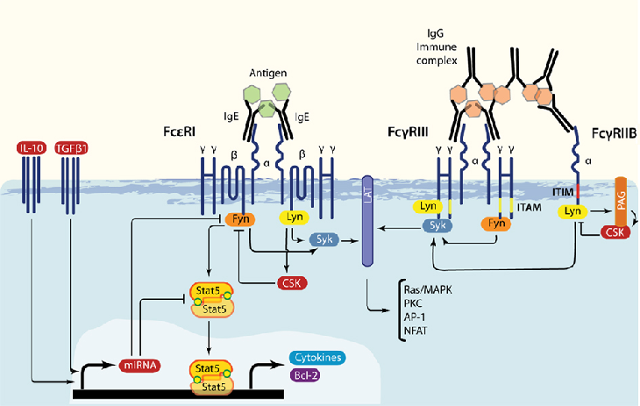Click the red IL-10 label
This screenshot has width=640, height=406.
coord(32,148)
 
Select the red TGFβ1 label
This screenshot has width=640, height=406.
coord(71,148)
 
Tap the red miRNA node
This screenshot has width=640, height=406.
coord(140,365)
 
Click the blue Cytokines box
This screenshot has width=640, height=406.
coord(317,358)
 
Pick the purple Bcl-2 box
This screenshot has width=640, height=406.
coord(305,375)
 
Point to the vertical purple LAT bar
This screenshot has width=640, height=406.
coord(367,221)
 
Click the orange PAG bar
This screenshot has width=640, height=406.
coord(621,201)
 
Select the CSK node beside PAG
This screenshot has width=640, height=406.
coord(615,232)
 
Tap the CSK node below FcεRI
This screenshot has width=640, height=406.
coord(292,283)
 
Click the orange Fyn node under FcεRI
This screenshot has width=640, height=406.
coord(240,219)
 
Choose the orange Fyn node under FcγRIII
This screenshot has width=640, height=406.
coord(496,224)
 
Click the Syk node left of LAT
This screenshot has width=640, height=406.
coord(324,239)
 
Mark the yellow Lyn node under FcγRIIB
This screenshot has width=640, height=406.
coord(572,211)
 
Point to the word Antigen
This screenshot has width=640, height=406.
coord(268,73)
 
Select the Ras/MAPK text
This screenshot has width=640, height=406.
coord(428,290)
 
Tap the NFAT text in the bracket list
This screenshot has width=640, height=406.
coord(416,331)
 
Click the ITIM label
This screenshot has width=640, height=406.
coord(563,191)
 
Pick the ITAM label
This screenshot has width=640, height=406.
coord(530,208)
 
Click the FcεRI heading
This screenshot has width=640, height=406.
coord(179,132)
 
